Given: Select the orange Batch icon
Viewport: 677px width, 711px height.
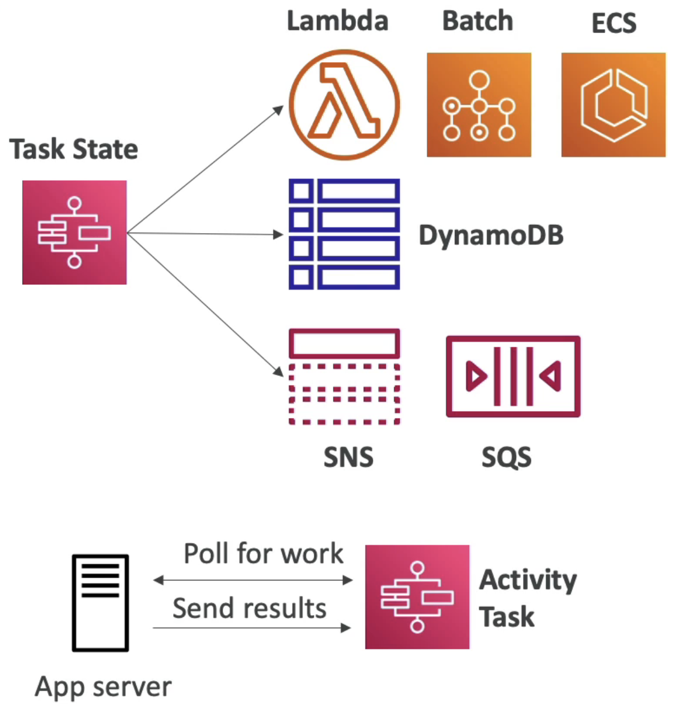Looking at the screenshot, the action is click(479, 105).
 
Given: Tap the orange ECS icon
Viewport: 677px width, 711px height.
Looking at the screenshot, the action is click(613, 105).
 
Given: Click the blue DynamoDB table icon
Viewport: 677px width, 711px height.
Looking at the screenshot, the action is click(344, 234).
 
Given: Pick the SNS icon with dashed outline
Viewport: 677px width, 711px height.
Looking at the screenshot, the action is click(344, 331).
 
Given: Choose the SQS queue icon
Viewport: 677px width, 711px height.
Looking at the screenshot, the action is click(513, 339).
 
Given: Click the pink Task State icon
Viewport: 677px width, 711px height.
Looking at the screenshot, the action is click(74, 233).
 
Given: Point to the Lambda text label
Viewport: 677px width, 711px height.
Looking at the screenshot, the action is click(337, 21).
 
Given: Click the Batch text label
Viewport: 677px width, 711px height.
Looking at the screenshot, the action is click(477, 21).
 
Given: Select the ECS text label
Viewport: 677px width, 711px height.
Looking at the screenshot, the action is click(614, 23).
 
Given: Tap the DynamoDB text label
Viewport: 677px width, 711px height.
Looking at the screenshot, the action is click(491, 235).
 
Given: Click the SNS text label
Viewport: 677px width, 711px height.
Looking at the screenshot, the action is click(348, 457).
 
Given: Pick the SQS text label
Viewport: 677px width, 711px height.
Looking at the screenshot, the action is click(507, 457).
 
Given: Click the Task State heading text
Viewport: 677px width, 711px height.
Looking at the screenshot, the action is click(73, 149).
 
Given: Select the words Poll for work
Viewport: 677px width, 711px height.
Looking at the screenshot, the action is click(264, 553).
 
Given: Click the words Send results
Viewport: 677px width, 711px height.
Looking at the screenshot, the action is click(250, 608).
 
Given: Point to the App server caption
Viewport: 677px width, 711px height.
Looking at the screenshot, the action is click(103, 687).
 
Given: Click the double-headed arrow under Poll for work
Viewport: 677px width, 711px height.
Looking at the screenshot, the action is click(252, 580).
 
